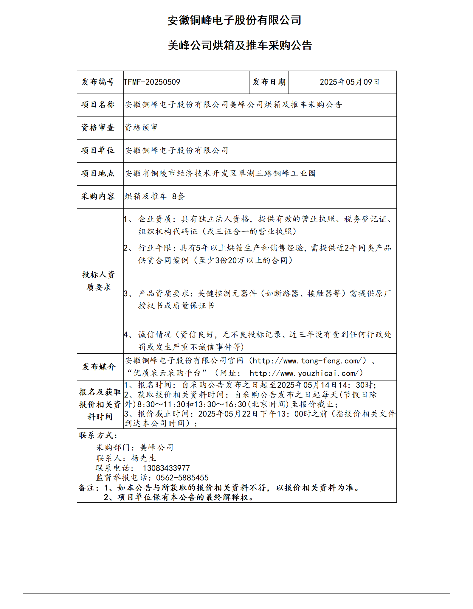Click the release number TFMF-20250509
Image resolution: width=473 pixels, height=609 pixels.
152,82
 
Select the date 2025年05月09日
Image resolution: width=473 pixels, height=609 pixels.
349,82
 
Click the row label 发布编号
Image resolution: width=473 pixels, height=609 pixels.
98,82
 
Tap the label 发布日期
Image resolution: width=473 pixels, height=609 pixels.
269,82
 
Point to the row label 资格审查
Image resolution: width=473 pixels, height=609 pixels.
98,128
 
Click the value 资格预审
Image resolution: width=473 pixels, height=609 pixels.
141,128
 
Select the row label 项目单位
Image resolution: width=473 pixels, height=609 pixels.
98,150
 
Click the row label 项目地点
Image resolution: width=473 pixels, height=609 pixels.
98,173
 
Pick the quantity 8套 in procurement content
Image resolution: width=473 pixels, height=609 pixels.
178,196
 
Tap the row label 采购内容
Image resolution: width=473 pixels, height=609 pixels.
98,196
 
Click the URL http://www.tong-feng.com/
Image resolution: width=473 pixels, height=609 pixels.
308,361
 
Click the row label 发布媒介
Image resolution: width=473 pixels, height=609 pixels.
99,366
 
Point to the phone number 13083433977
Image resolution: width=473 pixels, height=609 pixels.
166,468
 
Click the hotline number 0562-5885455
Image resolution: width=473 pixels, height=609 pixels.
182,478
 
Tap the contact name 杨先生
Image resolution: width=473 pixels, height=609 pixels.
144,458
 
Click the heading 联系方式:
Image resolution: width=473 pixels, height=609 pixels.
98,435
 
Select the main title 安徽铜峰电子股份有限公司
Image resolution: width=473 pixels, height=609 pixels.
234,20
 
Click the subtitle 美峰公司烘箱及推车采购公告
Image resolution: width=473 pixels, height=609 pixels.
240,46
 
